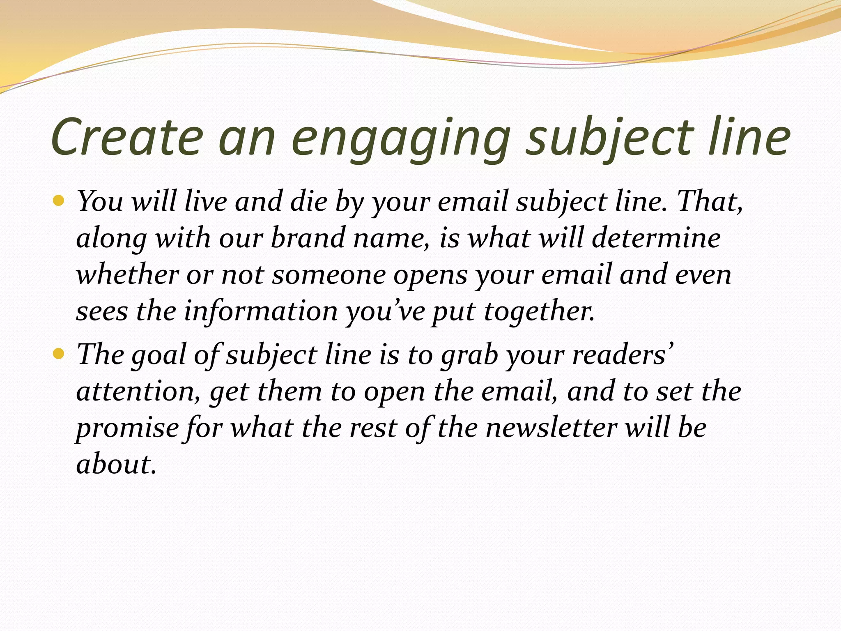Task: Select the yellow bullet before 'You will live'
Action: [59, 201]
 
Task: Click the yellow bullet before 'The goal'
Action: [59, 353]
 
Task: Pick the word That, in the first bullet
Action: [710, 201]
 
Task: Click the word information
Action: [261, 311]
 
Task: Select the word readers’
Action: [623, 354]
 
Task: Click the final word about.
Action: [116, 464]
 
